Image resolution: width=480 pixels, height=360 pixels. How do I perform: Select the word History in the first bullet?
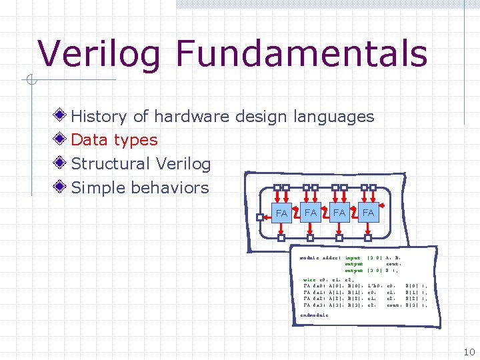point(99,117)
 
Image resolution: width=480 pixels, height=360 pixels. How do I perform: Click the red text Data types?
point(114,140)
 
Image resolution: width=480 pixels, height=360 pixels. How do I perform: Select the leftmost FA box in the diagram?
point(281,213)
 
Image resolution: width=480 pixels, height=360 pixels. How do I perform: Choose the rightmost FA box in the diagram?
point(368,212)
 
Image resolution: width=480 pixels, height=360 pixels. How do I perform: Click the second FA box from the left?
point(310,212)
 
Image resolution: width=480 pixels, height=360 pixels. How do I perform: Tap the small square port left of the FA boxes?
point(260,216)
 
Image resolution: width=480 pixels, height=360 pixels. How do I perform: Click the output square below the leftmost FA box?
point(281,237)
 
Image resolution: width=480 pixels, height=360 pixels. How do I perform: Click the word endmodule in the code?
point(315,315)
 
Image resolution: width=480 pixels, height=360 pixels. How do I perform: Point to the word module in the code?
point(310,257)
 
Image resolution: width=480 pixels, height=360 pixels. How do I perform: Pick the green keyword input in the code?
point(353,257)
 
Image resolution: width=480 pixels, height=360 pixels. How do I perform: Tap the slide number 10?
point(468,352)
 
